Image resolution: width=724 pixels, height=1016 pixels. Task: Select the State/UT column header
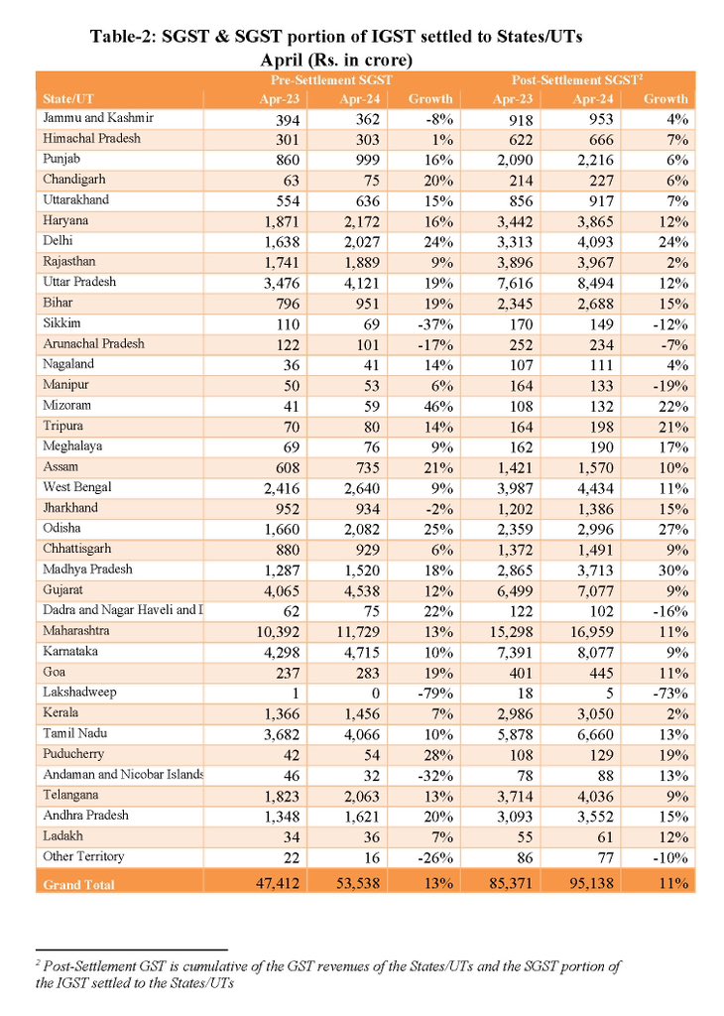click(x=69, y=99)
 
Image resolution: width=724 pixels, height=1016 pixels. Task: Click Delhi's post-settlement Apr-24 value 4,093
click(x=601, y=241)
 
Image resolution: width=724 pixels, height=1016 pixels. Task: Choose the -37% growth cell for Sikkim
click(x=433, y=323)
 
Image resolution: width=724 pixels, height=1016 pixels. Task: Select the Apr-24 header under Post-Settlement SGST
click(x=595, y=99)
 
